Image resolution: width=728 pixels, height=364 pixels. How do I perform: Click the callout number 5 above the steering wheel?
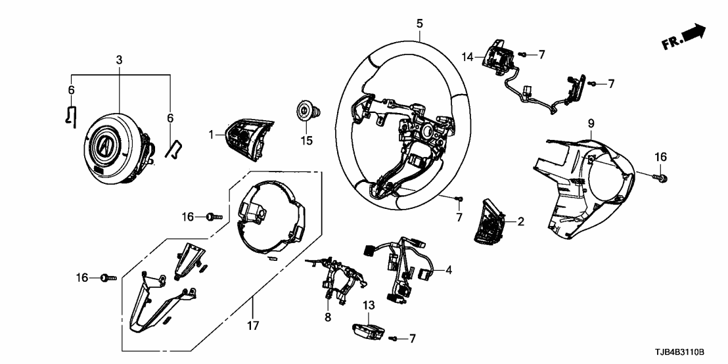tap(419, 24)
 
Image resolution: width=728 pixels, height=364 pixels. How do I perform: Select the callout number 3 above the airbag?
tap(119, 60)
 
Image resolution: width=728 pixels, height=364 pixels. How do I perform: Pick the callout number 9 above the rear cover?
tap(591, 123)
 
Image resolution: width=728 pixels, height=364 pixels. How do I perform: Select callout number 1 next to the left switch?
tap(212, 135)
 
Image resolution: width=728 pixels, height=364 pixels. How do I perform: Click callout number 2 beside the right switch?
tap(520, 221)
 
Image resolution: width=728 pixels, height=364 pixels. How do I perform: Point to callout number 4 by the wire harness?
tap(449, 269)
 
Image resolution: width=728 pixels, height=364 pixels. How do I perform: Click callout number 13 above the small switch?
tap(368, 306)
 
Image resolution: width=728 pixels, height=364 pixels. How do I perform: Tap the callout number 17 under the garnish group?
tap(253, 325)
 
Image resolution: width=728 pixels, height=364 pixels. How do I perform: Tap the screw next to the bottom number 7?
tap(394, 338)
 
